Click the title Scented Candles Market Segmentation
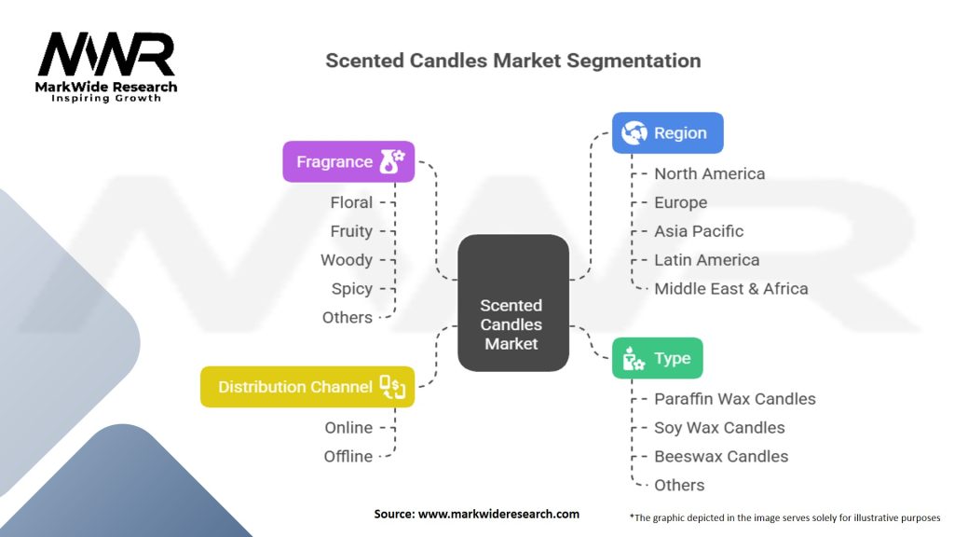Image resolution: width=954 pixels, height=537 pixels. point(512,61)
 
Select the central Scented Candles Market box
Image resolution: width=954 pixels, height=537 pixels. point(511,302)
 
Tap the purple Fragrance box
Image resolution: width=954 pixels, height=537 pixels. point(348,162)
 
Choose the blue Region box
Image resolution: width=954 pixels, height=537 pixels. point(667,133)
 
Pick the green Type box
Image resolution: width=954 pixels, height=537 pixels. point(657,358)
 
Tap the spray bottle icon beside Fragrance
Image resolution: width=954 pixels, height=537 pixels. point(391,162)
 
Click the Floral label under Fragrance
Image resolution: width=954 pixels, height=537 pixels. point(351,202)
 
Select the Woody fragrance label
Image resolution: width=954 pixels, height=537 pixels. point(347,260)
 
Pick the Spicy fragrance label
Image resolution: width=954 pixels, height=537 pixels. point(351,289)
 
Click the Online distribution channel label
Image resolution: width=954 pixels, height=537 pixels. point(348,428)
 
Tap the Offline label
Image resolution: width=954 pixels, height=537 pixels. point(348,457)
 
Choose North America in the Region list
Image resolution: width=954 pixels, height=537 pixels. point(709,173)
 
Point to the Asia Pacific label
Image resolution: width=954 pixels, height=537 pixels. point(699,231)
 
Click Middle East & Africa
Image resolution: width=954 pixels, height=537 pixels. point(730,289)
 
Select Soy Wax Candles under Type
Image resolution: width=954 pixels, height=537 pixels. point(719,428)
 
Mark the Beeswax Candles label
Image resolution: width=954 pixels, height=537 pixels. point(721,457)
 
